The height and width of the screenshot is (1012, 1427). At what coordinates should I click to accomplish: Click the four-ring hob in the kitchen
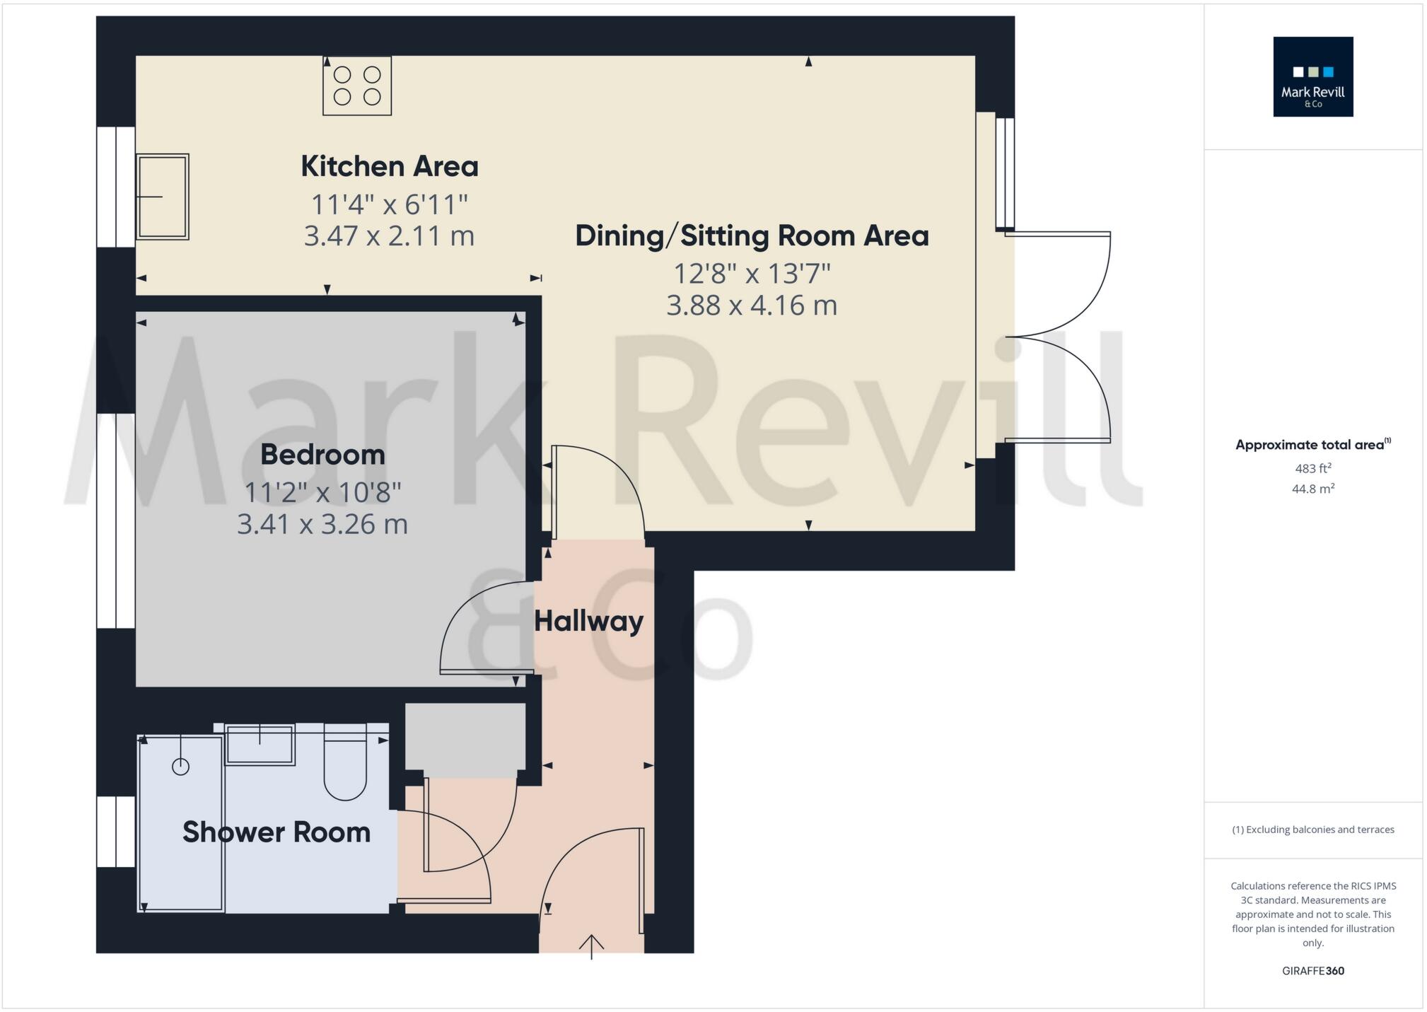click(357, 86)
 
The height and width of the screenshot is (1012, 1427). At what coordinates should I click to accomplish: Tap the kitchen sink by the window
click(163, 197)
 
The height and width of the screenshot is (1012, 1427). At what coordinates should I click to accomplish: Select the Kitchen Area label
click(390, 167)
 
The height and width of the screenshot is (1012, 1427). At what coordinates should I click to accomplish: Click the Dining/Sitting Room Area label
click(752, 236)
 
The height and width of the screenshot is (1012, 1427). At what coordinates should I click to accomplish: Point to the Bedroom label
click(322, 455)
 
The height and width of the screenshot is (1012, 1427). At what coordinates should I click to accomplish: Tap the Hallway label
click(588, 622)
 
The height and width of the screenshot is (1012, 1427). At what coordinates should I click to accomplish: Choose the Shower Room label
click(276, 832)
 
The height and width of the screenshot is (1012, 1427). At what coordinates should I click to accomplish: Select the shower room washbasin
click(260, 745)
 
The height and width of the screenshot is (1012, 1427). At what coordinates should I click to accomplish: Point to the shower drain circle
click(180, 767)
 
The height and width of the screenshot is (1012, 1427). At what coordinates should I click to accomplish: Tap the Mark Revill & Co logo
click(1312, 77)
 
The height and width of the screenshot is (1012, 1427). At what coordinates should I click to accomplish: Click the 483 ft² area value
click(1313, 469)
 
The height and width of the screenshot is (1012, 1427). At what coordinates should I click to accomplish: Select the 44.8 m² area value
click(1313, 489)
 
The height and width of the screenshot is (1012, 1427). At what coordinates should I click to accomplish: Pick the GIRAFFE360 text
click(1313, 971)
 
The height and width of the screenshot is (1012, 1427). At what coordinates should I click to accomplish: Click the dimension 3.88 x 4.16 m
click(752, 306)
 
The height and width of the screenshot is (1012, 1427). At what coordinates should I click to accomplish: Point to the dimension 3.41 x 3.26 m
click(322, 525)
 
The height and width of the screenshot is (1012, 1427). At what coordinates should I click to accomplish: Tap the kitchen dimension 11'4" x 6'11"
click(390, 205)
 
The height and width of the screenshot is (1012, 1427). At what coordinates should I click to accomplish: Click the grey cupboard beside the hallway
click(465, 736)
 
